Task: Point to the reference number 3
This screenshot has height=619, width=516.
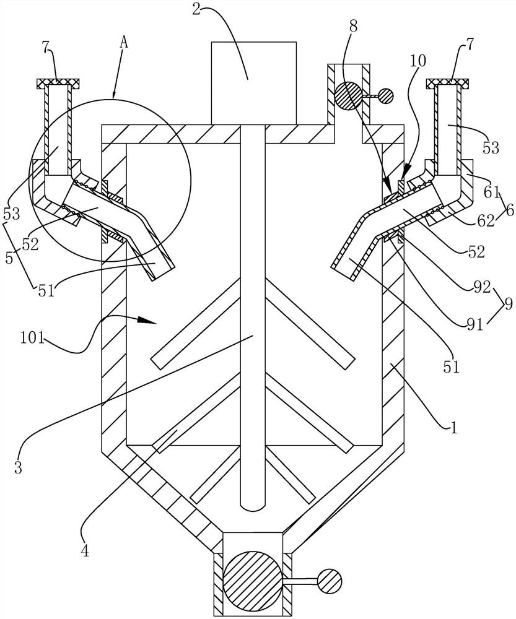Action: coord(18,467)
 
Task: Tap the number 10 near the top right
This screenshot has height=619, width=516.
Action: coord(418,61)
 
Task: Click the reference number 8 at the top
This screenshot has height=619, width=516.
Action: coord(353,27)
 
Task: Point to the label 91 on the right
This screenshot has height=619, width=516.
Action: coord(474,325)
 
